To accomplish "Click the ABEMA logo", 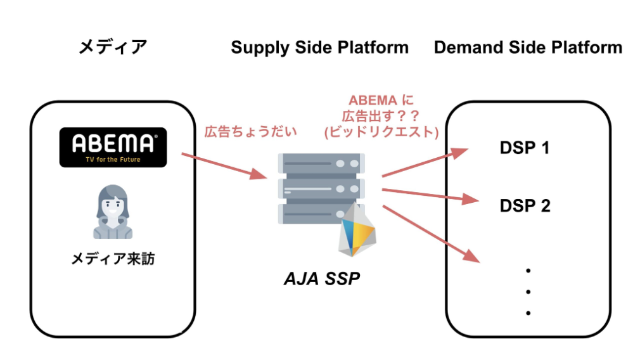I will [x=113, y=147].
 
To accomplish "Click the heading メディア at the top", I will [x=113, y=47].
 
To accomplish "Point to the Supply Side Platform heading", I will [x=319, y=48].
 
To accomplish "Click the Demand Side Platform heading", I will [x=528, y=48].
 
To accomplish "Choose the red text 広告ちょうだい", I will [x=250, y=132].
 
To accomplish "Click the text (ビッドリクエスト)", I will [x=381, y=132].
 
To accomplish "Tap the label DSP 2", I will [x=525, y=205].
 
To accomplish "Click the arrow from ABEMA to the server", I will [x=224, y=166].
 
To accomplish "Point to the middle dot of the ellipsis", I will [x=527, y=292].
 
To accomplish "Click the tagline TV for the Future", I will [x=113, y=160].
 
